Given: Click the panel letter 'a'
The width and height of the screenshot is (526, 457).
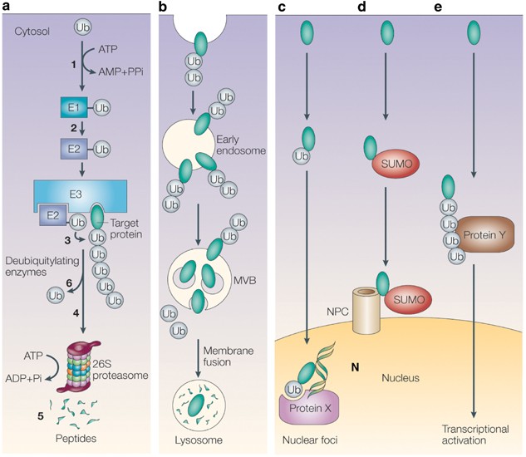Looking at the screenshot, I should click(8, 7).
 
